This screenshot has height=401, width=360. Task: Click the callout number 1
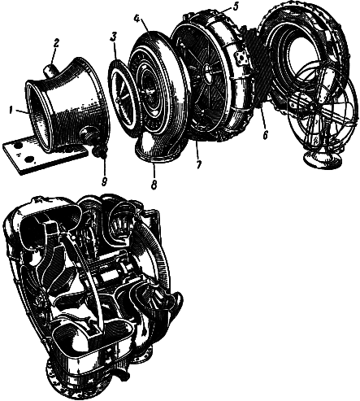[x=11, y=111]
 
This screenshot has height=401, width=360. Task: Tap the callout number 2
[x=55, y=44]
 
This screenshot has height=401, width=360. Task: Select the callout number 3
[x=113, y=37]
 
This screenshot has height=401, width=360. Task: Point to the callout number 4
[x=137, y=19]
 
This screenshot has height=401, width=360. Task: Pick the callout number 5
[x=235, y=7]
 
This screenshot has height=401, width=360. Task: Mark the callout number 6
[x=265, y=135]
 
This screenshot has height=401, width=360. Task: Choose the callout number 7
[x=198, y=164]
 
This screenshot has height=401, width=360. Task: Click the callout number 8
[x=154, y=185]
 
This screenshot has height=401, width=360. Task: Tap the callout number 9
[x=104, y=181]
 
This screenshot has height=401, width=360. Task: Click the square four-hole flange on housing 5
[x=241, y=58]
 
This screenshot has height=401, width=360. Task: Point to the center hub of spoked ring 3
[x=119, y=100]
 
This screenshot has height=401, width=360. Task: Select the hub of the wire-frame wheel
[x=311, y=107]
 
